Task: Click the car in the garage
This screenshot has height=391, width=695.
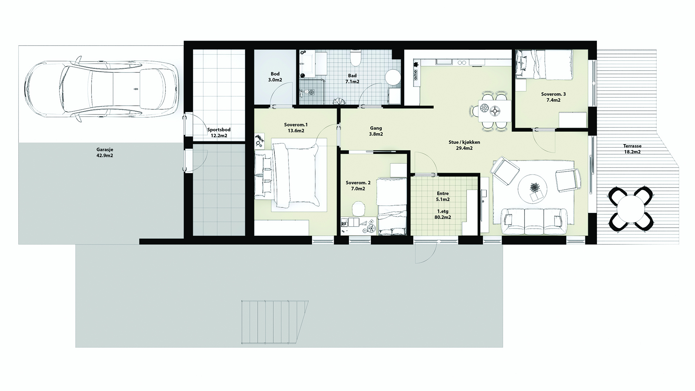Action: click(102, 89)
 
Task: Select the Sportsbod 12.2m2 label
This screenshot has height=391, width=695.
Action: click(219, 133)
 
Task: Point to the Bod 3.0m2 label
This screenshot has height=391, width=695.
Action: click(275, 77)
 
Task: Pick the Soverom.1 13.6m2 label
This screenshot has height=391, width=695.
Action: click(296, 127)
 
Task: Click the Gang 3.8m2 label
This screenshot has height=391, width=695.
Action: click(376, 131)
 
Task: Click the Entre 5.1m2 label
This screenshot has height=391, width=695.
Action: click(443, 196)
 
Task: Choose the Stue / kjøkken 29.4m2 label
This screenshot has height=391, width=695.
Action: click(464, 145)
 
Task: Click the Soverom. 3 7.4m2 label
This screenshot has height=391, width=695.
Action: click(553, 97)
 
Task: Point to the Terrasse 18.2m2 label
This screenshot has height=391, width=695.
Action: click(632, 149)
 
